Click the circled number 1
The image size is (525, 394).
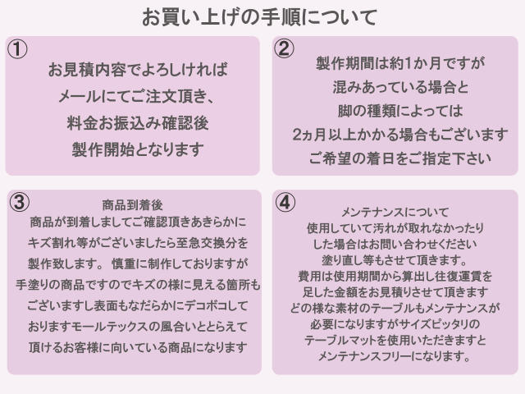(x=17, y=49)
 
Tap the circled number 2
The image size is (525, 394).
(x=284, y=48)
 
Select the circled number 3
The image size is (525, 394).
(x=19, y=202)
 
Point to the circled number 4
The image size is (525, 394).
(x=285, y=202)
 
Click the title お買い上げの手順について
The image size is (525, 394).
(x=260, y=17)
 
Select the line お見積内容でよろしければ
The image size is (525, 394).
(x=138, y=70)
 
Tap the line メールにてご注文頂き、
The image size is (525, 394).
(x=137, y=97)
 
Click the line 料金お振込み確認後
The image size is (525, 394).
(x=138, y=123)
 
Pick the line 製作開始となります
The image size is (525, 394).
(x=138, y=149)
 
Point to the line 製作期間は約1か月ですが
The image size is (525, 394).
(x=400, y=63)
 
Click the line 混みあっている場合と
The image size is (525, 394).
(x=400, y=87)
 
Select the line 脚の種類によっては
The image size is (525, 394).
(x=400, y=111)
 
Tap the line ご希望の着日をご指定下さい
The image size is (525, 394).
(x=400, y=158)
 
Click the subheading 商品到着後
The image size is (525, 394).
(x=133, y=205)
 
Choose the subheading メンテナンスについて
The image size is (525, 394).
(x=395, y=212)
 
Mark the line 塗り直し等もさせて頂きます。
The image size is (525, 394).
(x=395, y=260)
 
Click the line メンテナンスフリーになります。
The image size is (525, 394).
(x=395, y=356)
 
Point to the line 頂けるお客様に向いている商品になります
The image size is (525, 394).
(x=138, y=347)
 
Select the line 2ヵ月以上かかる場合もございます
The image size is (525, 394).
(x=400, y=135)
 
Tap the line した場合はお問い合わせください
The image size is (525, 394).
(x=395, y=245)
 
